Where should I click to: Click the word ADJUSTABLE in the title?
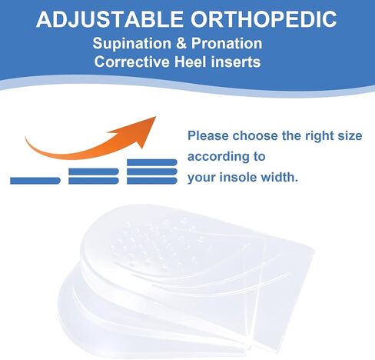click(110, 19)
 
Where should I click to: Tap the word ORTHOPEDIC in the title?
click(264, 19)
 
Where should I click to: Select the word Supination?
click(132, 44)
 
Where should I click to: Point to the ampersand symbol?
click(181, 43)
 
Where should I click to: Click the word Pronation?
click(227, 43)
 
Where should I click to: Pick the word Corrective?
click(132, 62)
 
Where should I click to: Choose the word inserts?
click(235, 62)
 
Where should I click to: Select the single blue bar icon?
click(35, 181)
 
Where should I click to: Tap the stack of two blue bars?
click(94, 176)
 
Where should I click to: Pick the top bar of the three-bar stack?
click(152, 162)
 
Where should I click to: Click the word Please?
click(207, 135)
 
